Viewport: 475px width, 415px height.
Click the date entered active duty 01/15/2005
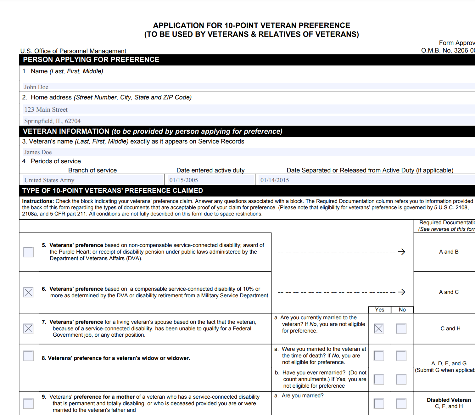(x=210, y=180)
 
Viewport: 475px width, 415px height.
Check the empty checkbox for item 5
(x=28, y=252)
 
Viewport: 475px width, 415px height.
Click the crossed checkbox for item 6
(x=28, y=292)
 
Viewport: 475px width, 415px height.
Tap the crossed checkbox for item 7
(x=28, y=329)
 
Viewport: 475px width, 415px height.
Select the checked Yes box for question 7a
(x=379, y=329)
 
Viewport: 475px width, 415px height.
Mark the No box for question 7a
(x=401, y=329)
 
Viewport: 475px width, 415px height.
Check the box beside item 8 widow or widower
(x=28, y=356)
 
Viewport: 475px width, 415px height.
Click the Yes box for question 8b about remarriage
(x=379, y=379)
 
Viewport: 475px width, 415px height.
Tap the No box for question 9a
(x=401, y=404)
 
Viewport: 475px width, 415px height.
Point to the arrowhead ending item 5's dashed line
(x=402, y=252)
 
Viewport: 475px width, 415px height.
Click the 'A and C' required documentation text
(x=449, y=292)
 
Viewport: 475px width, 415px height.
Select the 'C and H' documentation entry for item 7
(x=450, y=328)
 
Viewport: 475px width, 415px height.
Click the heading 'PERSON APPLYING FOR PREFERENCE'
(x=91, y=59)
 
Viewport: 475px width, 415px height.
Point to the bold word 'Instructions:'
(x=38, y=201)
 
